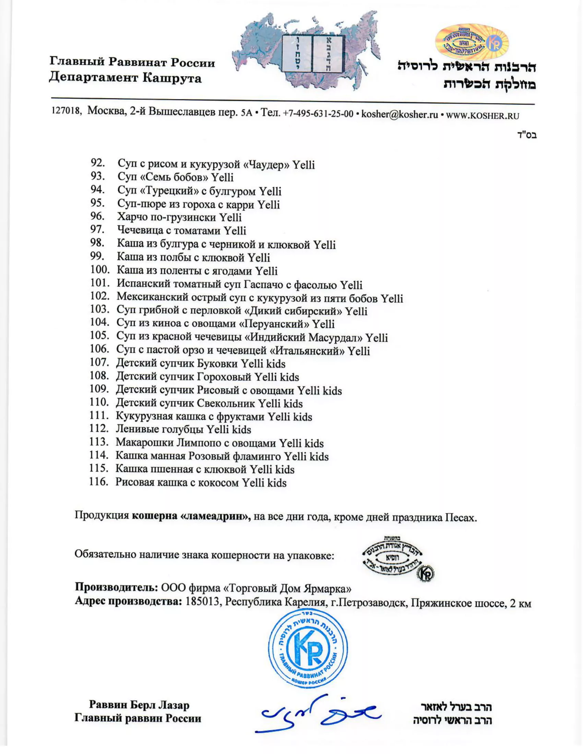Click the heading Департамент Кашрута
125,78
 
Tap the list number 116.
99,482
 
